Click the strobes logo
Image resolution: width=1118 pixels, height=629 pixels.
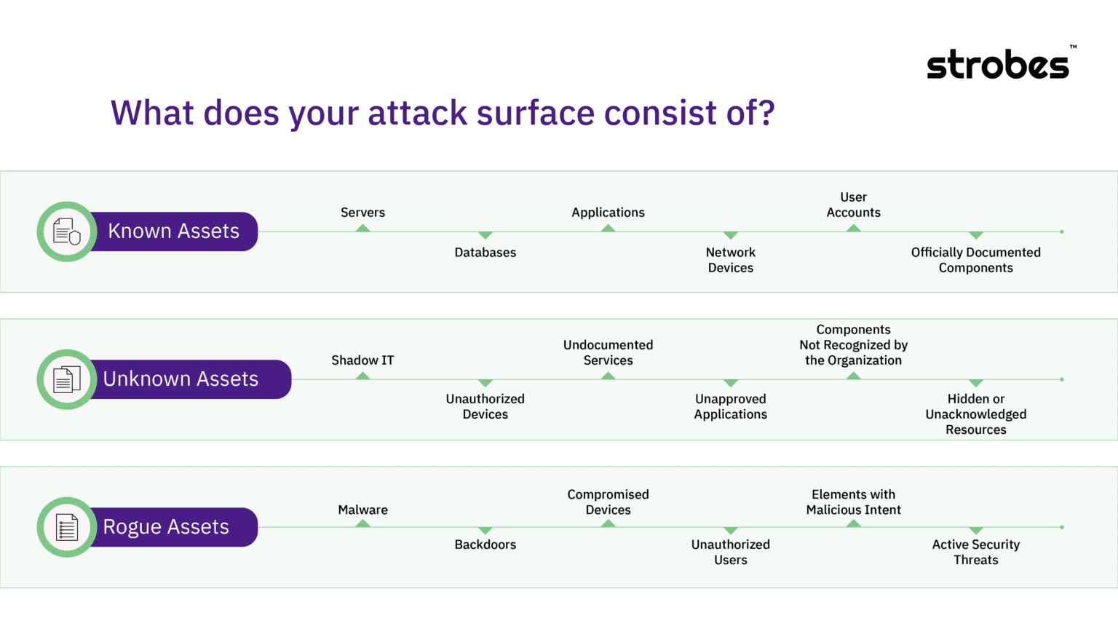click(x=999, y=64)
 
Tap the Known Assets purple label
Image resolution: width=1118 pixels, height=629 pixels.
click(x=174, y=232)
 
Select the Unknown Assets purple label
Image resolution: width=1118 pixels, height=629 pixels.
click(x=181, y=379)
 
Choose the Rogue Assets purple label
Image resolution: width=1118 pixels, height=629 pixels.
click(x=167, y=527)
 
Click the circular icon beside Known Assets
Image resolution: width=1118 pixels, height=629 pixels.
click(x=67, y=232)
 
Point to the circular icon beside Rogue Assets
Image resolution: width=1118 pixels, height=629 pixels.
click(x=67, y=527)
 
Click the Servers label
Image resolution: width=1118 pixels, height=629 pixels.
click(x=362, y=213)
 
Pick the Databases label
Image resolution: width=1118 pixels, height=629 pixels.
click(x=485, y=253)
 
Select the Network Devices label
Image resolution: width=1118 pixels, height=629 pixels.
click(x=730, y=260)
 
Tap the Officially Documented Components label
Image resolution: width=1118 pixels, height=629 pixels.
click(x=975, y=260)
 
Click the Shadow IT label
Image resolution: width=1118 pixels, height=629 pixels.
click(x=362, y=360)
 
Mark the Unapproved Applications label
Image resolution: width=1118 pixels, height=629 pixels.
click(x=730, y=406)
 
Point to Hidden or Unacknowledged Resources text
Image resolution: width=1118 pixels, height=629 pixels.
click(x=975, y=414)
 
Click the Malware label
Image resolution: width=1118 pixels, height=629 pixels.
click(x=362, y=510)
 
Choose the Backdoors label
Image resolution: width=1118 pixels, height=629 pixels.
click(x=485, y=545)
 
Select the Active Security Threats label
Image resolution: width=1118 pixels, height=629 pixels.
click(x=975, y=552)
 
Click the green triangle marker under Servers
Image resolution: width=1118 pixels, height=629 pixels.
click(x=362, y=229)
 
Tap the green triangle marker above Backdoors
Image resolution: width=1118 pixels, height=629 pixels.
click(x=485, y=531)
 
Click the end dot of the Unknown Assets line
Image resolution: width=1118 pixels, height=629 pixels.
click(x=1062, y=379)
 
